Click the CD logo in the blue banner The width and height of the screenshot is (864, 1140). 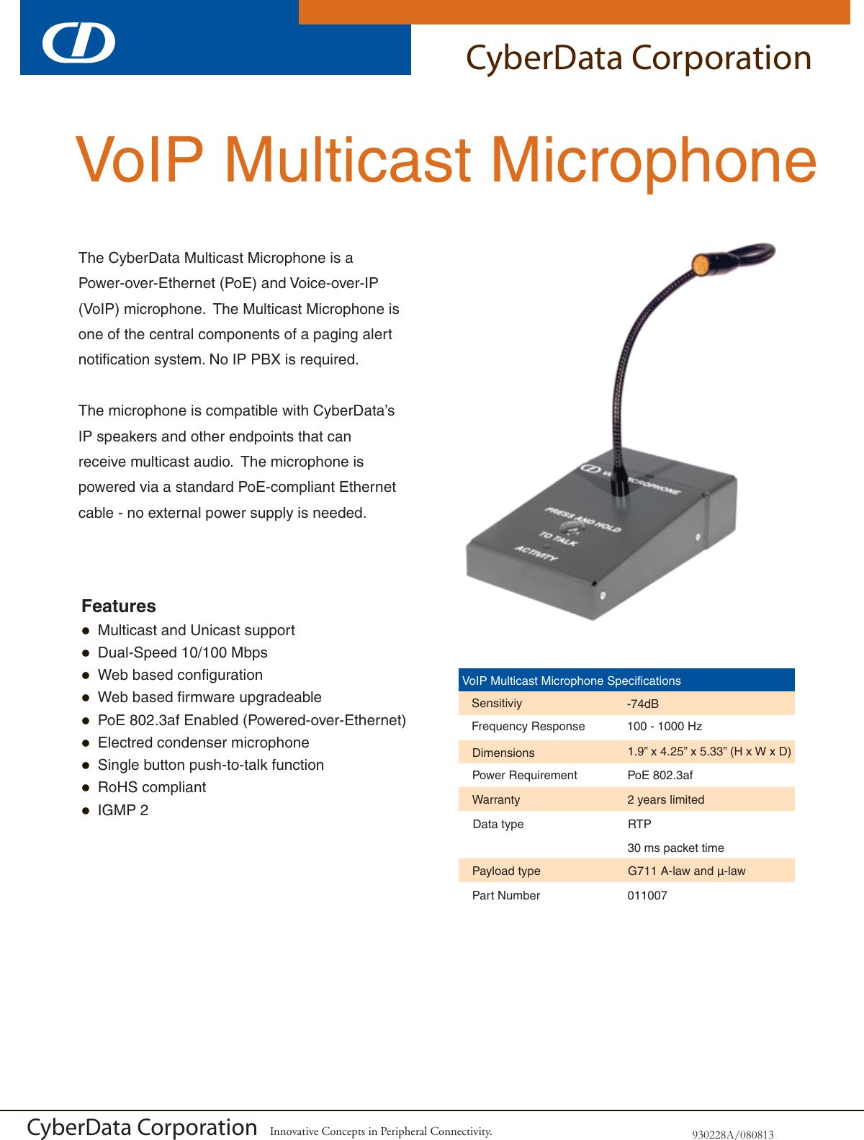coord(78,42)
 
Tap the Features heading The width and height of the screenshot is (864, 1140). coord(119,606)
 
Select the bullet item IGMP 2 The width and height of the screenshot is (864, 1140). coord(123,810)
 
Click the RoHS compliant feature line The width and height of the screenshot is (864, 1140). coord(152,787)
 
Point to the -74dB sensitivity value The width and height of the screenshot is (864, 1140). coord(643,704)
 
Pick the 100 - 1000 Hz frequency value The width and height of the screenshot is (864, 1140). coord(665,727)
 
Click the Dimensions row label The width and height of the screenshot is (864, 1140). coord(503,753)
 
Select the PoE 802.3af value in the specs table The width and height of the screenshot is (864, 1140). coord(660,776)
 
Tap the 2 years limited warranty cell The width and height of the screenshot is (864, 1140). coord(666,799)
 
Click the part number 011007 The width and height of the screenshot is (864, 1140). coord(647,895)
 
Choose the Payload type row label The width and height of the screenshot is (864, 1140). coord(506,871)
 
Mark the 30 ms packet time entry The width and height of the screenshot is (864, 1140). coord(675,848)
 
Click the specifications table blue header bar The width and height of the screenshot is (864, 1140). coord(626,681)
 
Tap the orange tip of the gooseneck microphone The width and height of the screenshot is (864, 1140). coord(700,265)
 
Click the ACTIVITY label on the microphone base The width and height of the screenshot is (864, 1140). coord(536,553)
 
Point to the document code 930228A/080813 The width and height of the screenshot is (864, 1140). coord(733,1134)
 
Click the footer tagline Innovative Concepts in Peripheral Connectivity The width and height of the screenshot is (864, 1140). coord(381,1131)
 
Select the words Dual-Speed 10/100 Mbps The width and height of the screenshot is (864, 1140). coord(183,652)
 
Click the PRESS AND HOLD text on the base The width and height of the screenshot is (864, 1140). coord(582,519)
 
